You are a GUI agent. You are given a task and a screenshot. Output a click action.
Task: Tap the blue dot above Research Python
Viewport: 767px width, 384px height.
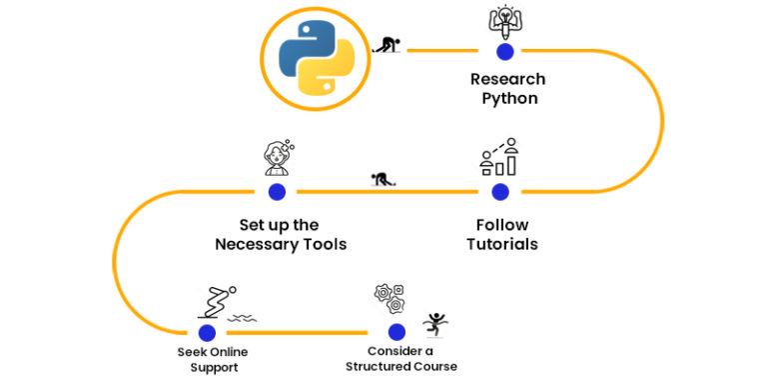504,50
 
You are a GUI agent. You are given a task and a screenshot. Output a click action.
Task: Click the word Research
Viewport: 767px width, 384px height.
508,79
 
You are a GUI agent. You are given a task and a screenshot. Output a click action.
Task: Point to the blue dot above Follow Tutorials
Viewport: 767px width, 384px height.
500,191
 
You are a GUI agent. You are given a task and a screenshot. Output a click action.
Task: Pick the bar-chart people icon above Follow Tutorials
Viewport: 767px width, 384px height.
499,156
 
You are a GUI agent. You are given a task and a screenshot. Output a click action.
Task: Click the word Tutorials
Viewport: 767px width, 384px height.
502,244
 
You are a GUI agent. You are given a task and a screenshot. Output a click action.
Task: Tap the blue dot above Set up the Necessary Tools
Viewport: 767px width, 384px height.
277,191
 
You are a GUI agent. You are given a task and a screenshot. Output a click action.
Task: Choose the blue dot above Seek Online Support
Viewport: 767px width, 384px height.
207,332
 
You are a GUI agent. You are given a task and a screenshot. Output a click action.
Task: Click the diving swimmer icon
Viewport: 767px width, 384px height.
218,300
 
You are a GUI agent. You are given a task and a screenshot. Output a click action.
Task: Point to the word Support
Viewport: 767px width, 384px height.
213,367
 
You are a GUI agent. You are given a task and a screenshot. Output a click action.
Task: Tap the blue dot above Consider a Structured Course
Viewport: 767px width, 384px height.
396,332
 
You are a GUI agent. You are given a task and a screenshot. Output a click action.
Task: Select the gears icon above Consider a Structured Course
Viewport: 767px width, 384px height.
388,297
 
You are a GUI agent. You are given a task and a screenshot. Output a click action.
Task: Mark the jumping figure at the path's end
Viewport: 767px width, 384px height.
434,323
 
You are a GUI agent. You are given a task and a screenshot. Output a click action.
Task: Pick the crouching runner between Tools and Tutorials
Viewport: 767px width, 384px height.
381,181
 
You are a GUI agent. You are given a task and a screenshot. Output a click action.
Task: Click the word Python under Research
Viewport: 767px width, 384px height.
509,98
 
